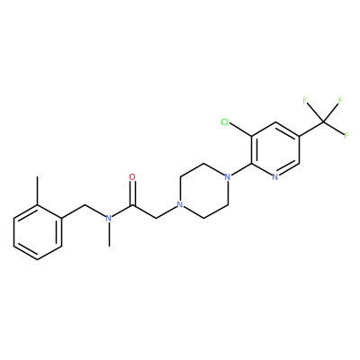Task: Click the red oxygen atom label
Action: click(x=132, y=177)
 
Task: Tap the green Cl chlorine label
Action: click(x=225, y=122)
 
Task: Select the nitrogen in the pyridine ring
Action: click(x=275, y=177)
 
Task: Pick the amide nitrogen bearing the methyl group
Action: click(x=109, y=219)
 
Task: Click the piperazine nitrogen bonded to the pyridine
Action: click(x=228, y=177)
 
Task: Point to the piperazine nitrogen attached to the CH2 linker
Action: click(x=180, y=205)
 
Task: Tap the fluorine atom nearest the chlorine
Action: click(x=305, y=101)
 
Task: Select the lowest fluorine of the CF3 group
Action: click(x=346, y=136)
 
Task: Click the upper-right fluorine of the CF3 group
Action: click(x=340, y=101)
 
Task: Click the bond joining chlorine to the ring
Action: click(x=240, y=130)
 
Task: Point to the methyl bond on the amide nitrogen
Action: click(x=109, y=235)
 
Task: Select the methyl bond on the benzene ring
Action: click(x=38, y=191)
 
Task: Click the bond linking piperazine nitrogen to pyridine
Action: click(x=241, y=170)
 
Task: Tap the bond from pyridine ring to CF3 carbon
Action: click(x=311, y=129)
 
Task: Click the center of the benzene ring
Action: click(x=38, y=232)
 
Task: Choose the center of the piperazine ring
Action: click(x=204, y=191)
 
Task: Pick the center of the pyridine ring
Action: click(x=275, y=149)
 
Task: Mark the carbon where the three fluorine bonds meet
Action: click(x=323, y=121)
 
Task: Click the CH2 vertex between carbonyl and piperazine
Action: click(x=157, y=219)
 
